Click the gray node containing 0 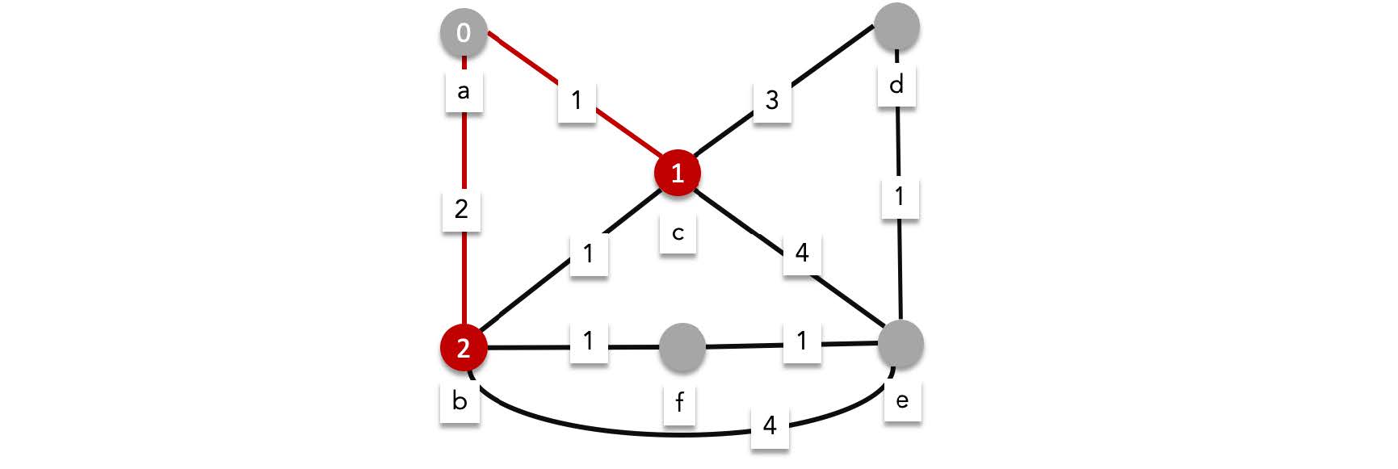(x=464, y=33)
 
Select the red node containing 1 (x=677, y=173)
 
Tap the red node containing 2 (x=464, y=348)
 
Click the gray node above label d (x=896, y=26)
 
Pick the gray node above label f (x=682, y=347)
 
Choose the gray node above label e (x=901, y=344)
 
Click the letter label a (x=464, y=91)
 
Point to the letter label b (x=460, y=400)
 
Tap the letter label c (x=678, y=234)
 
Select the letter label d (x=896, y=84)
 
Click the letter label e (x=902, y=400)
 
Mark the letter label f (x=679, y=401)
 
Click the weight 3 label (x=772, y=100)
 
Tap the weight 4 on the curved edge (x=770, y=425)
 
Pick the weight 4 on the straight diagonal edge (x=801, y=253)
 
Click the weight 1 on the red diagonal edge (x=576, y=101)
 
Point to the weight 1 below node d (x=899, y=196)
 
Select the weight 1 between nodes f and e (x=801, y=341)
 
